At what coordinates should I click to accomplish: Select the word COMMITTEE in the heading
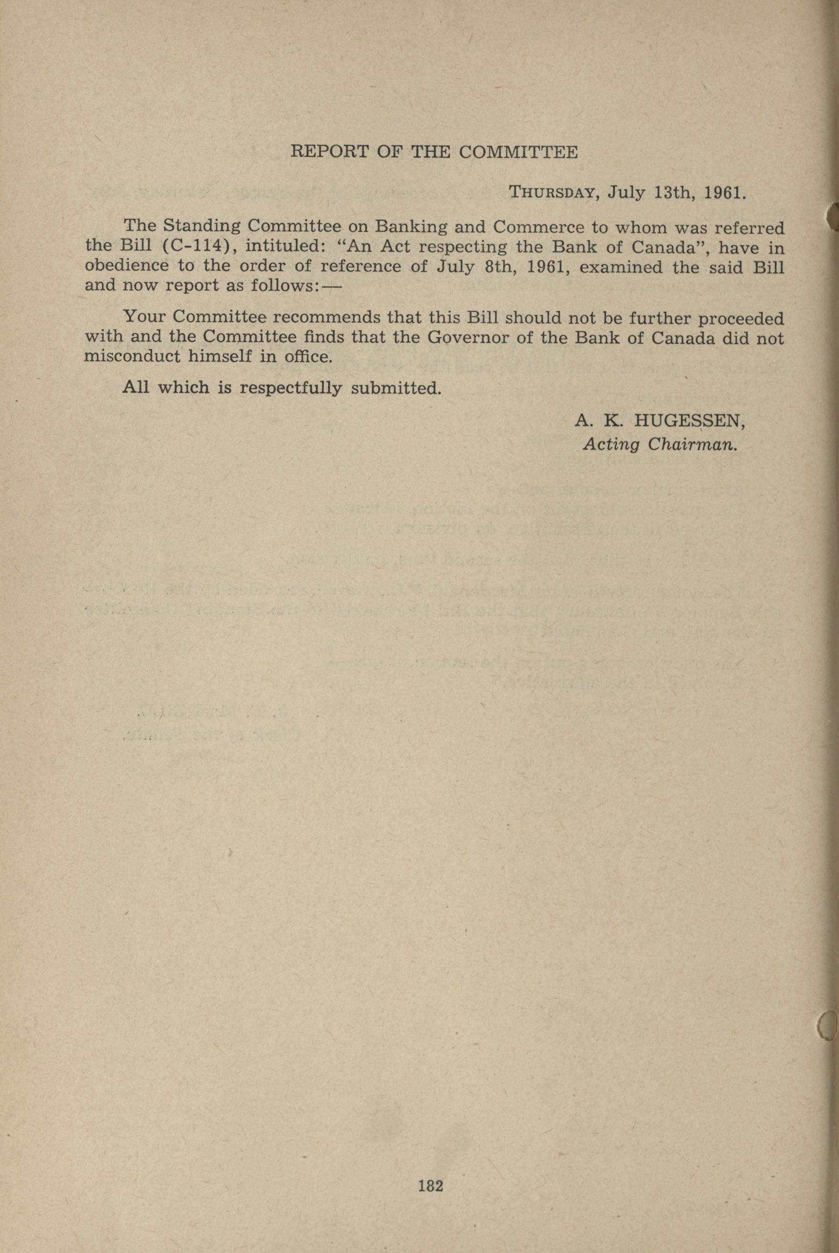(x=518, y=152)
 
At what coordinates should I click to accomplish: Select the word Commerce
(x=539, y=228)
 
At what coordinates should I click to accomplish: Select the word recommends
(x=326, y=318)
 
